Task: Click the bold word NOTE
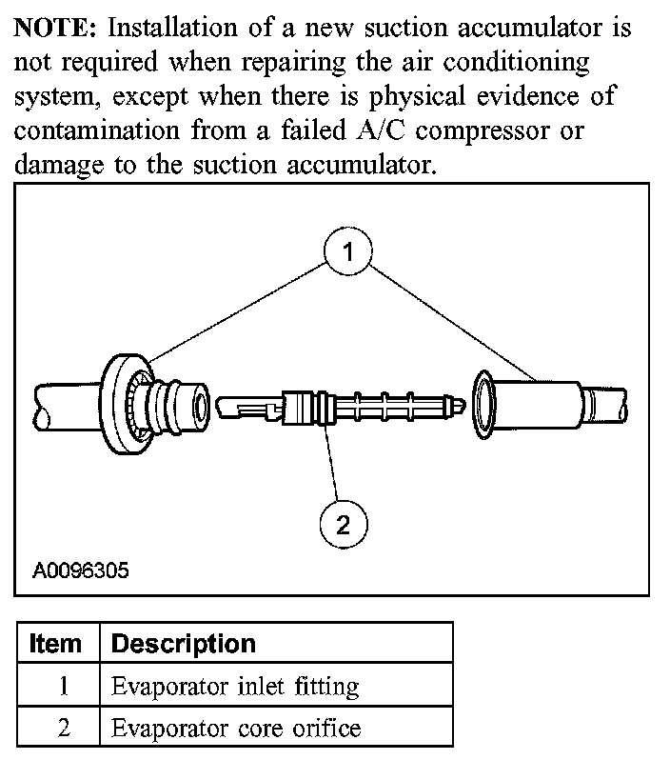coord(49,27)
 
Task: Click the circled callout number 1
coord(348,251)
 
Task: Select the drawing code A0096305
coord(81,571)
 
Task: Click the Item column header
coord(56,643)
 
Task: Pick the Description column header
coord(184,643)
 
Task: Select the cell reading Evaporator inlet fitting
coord(235,686)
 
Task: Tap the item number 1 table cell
coord(63,686)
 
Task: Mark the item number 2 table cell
coord(63,729)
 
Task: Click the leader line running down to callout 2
coord(333,467)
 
